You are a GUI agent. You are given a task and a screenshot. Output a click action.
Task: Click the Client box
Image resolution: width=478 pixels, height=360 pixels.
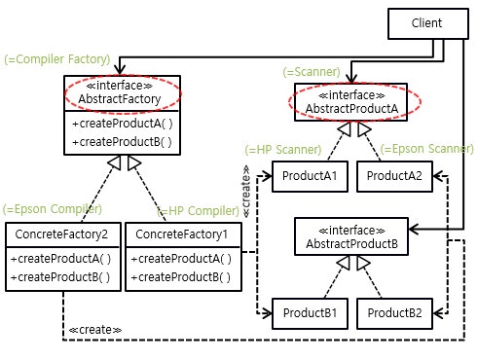click(428, 23)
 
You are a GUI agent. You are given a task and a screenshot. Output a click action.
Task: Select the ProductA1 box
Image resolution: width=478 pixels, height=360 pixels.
click(310, 176)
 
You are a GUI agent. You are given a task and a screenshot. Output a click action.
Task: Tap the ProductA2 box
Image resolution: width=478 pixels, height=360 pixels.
click(394, 176)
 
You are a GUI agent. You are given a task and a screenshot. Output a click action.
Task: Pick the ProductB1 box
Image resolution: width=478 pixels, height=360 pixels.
click(310, 313)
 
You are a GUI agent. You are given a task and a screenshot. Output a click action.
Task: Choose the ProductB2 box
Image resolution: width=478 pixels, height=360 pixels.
click(394, 313)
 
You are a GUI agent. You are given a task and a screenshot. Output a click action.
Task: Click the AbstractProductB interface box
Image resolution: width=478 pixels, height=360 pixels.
click(351, 236)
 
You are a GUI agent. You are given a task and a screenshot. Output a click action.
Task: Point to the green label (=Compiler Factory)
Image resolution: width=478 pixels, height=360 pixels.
click(57, 59)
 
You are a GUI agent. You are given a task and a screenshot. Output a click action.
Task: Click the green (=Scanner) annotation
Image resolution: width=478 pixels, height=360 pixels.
click(312, 72)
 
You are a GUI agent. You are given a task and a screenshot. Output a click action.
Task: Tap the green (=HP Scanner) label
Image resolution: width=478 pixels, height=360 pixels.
click(283, 150)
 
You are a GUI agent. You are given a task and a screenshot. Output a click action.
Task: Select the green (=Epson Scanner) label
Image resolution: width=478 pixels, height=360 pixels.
click(426, 149)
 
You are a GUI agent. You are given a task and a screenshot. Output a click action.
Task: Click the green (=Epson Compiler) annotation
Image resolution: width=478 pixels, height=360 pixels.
click(53, 209)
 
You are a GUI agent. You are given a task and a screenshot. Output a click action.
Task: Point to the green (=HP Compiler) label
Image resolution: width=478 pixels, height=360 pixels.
click(198, 211)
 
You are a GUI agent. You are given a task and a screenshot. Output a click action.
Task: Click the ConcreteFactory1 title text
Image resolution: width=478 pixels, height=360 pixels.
click(181, 234)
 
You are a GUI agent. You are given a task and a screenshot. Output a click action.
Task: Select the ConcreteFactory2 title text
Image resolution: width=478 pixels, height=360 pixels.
click(61, 234)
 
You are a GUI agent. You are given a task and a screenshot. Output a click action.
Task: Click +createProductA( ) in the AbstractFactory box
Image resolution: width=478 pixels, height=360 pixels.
click(123, 124)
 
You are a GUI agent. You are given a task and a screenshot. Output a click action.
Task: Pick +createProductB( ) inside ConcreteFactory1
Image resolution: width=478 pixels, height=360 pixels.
click(181, 277)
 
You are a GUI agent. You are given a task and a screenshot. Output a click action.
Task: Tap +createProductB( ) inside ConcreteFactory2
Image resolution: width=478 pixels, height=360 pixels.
click(60, 277)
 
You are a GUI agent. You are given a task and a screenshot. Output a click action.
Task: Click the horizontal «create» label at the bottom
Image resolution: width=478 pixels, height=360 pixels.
click(95, 330)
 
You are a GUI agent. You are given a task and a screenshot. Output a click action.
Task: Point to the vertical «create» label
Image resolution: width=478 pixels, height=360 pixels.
click(246, 192)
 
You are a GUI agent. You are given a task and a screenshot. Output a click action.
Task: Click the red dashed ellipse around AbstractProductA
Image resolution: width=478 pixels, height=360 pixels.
click(354, 83)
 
